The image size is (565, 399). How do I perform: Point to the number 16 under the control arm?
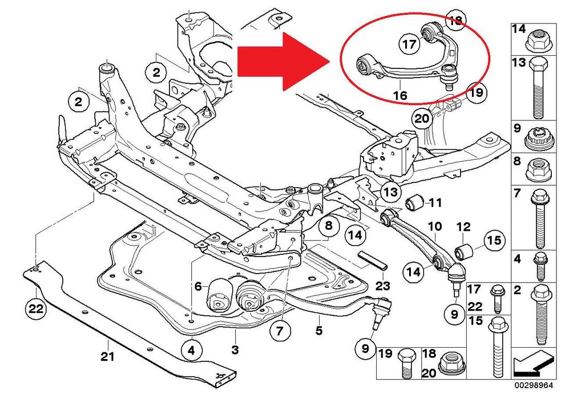click(399, 96)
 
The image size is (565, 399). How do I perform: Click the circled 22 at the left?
click(36, 310)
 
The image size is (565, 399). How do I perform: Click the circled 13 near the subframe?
click(392, 192)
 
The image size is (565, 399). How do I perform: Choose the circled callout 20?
click(421, 120)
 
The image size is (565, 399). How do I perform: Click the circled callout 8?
click(328, 227)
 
